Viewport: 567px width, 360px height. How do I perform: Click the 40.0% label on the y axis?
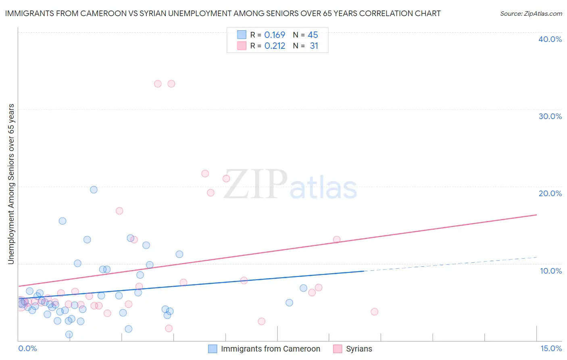click(x=550, y=39)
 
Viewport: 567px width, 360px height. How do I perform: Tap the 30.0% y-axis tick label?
click(x=550, y=116)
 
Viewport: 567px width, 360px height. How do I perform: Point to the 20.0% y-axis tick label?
click(x=550, y=193)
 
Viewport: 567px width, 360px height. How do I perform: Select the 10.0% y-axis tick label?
click(x=551, y=271)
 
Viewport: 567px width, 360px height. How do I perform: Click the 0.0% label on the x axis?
click(x=27, y=348)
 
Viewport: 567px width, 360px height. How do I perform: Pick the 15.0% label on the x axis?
click(x=551, y=348)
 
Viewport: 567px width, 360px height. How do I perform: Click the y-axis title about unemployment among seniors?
click(x=11, y=184)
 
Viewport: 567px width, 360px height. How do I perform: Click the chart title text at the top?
click(x=223, y=13)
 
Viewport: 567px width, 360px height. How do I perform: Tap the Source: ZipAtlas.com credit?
click(x=531, y=13)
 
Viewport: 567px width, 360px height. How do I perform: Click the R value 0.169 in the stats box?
click(x=275, y=35)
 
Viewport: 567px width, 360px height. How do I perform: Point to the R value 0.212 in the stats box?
click(x=275, y=46)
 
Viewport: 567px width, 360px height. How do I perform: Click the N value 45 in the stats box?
click(x=313, y=35)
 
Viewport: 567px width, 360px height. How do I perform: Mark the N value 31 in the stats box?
click(x=314, y=46)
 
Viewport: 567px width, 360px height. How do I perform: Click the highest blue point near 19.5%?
click(x=94, y=190)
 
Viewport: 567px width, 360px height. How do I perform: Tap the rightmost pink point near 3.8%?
click(x=374, y=312)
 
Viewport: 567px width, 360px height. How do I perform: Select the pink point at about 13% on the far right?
click(x=337, y=240)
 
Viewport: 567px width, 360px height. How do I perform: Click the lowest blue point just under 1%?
click(x=69, y=335)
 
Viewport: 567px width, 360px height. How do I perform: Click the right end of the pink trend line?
click(x=536, y=215)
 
